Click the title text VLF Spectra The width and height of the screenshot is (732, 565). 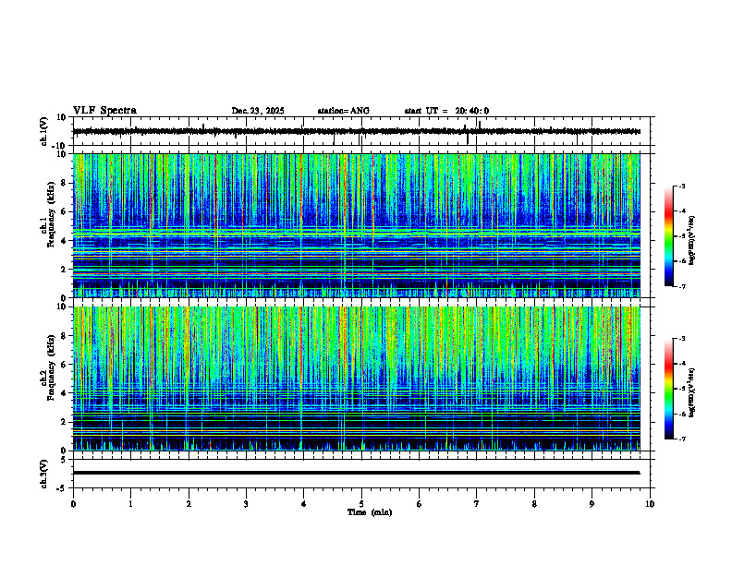tap(104, 110)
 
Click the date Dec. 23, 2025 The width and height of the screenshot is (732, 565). tap(258, 111)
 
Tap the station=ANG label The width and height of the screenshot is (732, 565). tap(343, 111)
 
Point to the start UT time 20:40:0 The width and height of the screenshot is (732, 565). tap(471, 111)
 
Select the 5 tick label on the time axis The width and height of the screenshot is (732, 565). tap(361, 504)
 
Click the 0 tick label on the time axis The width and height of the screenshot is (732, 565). tap(73, 504)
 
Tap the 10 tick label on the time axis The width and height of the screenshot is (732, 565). tap(650, 504)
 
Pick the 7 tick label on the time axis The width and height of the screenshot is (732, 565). tap(477, 504)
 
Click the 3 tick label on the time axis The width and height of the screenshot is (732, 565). tap(246, 504)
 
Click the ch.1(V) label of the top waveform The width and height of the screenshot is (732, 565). tap(44, 131)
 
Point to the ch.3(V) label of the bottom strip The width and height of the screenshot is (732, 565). tap(44, 473)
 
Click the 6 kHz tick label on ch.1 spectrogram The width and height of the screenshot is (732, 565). tap(65, 211)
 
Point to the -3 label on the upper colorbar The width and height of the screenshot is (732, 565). tap(681, 186)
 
